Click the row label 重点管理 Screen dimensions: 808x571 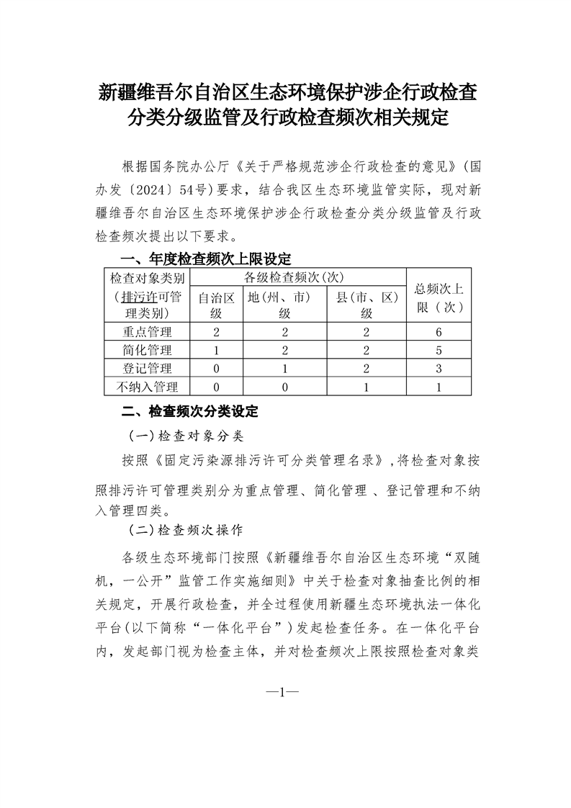tap(147, 332)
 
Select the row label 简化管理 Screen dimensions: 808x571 tap(147, 351)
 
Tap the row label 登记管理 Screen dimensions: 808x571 tap(147, 369)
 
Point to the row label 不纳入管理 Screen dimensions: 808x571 tap(147, 387)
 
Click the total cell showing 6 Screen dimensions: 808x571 tap(439, 332)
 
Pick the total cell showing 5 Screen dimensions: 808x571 tap(439, 351)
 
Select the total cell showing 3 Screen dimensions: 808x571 tap(439, 369)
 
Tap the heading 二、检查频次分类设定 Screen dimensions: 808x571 tap(189, 412)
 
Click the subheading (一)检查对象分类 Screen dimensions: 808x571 tap(186, 436)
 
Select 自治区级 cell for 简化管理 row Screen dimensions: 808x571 tap(216, 351)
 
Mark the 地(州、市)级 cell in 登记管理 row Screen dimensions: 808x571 tap(284, 369)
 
